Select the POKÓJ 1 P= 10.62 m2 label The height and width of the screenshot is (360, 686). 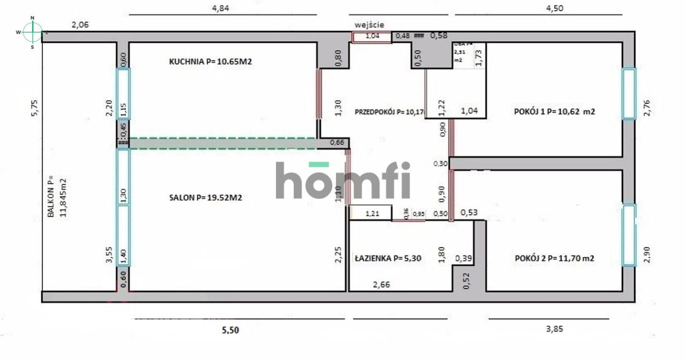click(555, 112)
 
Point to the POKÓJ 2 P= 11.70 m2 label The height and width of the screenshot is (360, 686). click(554, 258)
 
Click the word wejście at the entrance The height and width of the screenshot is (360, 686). click(369, 25)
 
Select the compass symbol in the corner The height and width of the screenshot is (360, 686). click(32, 32)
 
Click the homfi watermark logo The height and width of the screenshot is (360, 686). click(343, 180)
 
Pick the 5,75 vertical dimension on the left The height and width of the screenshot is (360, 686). click(34, 107)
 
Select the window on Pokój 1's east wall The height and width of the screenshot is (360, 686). click(628, 93)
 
